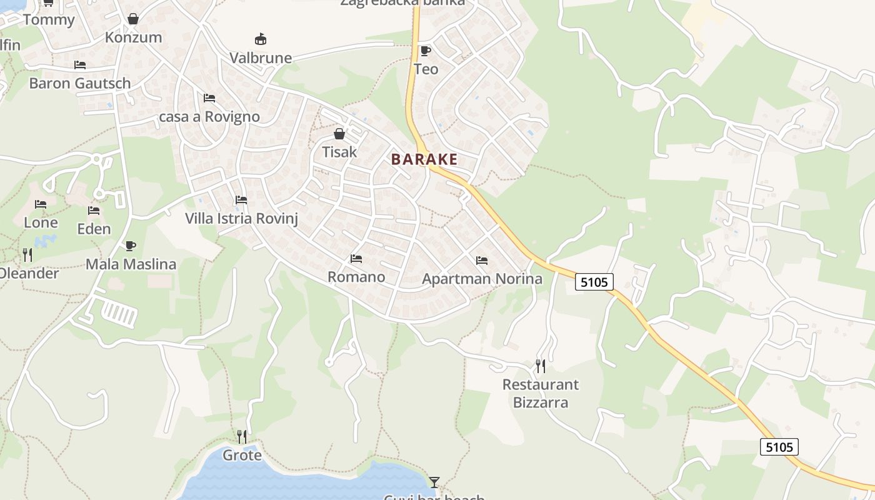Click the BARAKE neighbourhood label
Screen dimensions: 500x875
(x=424, y=159)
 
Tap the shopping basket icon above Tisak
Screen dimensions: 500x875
(x=339, y=134)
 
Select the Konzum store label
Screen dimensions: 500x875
(x=133, y=37)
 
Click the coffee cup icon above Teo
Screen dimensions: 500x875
(x=426, y=51)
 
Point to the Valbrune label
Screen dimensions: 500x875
(x=261, y=58)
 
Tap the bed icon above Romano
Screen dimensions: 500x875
(x=356, y=258)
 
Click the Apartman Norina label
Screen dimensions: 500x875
(x=482, y=279)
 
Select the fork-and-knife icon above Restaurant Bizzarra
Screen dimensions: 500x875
(x=541, y=366)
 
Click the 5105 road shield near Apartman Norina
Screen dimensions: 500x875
(x=594, y=282)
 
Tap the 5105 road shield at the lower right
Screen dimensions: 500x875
(x=779, y=447)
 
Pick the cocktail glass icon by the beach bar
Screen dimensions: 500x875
(x=434, y=482)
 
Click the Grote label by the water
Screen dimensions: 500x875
(x=242, y=455)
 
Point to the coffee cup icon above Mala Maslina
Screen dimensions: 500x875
(x=130, y=246)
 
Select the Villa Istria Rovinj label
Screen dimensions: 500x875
(x=241, y=218)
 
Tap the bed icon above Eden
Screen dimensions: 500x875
(x=94, y=210)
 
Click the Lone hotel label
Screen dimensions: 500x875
(x=41, y=222)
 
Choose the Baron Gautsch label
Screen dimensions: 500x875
(x=80, y=83)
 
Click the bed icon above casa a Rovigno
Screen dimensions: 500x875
(x=209, y=98)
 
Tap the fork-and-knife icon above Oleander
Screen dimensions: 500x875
(x=27, y=254)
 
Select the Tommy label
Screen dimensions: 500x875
(x=49, y=19)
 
